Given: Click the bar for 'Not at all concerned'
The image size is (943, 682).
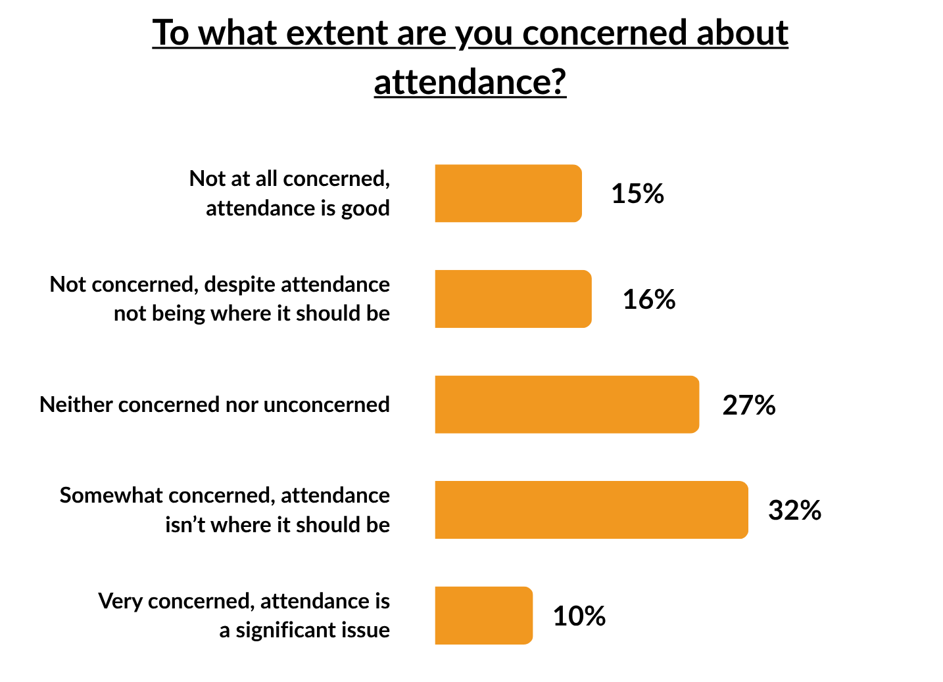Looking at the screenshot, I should coord(508,193).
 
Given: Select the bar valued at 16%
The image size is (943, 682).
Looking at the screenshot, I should coord(513,299).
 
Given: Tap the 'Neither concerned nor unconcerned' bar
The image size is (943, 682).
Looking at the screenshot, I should coord(567,405).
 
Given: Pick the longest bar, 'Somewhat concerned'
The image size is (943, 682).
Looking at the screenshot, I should coord(591,510).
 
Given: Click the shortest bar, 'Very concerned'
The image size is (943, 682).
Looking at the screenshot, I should coord(483,616).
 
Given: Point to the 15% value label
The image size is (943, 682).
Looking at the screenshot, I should coord(637,194).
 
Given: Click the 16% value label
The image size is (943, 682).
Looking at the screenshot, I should coord(648,300).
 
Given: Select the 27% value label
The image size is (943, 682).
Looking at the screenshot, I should coord(748,405).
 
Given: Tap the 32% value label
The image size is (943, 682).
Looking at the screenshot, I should coord(794,511).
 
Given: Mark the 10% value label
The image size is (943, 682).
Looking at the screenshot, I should coord(579,616).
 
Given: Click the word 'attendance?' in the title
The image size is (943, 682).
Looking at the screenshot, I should coord(470,82).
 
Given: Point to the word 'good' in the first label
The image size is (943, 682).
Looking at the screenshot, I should coord(365,209).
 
